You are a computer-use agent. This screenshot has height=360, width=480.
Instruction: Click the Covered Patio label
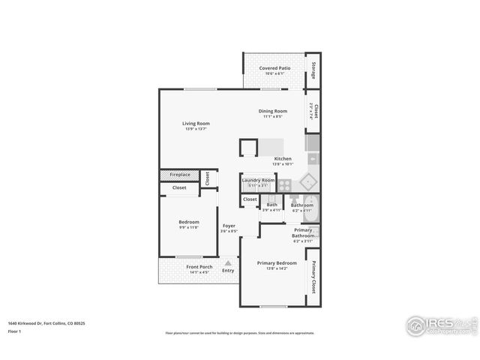point(274,68)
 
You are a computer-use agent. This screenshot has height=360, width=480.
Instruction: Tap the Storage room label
point(313,69)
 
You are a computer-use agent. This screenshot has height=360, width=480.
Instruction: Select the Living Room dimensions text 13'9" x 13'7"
point(196,129)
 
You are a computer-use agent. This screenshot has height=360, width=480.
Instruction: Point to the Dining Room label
point(273,111)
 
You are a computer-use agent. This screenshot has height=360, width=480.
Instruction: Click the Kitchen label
point(283,158)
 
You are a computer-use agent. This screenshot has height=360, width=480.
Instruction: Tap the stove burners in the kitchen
point(285,184)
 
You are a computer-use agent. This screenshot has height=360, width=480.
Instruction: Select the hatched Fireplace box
point(179,175)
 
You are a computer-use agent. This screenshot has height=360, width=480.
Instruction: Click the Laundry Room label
point(258,180)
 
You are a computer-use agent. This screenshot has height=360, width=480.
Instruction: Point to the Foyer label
point(229,226)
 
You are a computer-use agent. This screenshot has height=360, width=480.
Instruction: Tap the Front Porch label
point(199,267)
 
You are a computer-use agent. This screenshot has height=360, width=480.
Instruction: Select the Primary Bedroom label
point(277,263)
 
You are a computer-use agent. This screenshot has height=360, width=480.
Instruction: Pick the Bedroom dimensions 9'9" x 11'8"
point(189,227)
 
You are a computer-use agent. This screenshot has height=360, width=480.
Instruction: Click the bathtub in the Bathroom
point(314,211)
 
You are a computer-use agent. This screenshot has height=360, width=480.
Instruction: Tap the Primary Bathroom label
point(303,232)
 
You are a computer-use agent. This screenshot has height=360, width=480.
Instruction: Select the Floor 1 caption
point(15,331)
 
